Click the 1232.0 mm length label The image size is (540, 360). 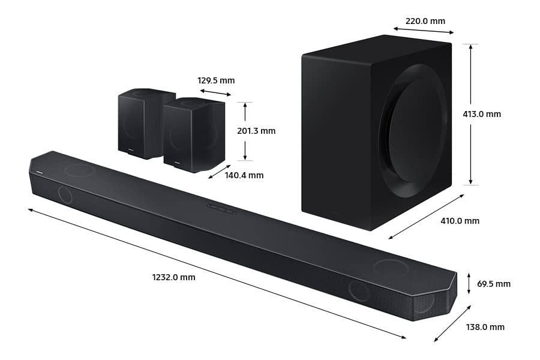click(173, 277)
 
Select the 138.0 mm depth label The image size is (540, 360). click(485, 327)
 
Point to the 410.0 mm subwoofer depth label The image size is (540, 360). click(460, 221)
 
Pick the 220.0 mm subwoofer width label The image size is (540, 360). click(425, 21)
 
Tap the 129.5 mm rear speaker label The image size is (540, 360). click(216, 80)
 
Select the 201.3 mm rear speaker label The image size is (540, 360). click(256, 131)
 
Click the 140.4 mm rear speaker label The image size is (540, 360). click(244, 175)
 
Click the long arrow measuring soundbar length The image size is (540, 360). click(216, 274)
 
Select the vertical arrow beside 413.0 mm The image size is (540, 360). click(471, 114)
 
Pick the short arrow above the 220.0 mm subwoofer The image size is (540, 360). click(424, 30)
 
